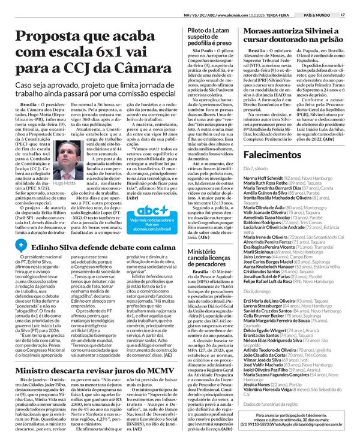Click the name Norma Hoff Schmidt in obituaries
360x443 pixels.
pos(262,179)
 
